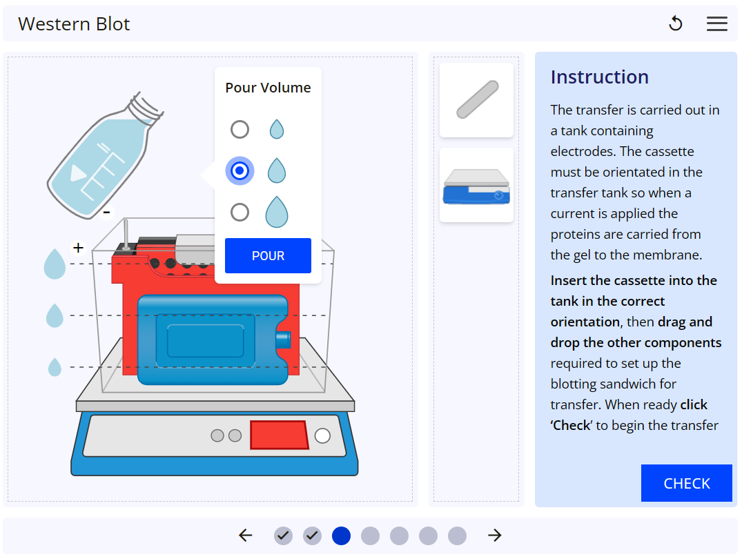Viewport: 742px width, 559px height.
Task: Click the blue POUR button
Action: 268,256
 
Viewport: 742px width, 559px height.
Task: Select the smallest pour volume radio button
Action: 240,129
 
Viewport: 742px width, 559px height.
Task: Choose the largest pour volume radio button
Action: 240,212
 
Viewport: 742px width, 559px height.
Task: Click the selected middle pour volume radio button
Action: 240,170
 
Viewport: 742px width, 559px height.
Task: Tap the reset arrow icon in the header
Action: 676,24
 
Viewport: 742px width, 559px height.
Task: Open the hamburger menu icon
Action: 716,24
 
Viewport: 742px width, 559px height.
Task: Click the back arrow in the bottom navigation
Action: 246,536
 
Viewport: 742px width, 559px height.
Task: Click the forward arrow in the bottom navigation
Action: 494,536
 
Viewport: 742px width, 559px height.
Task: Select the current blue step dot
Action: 341,536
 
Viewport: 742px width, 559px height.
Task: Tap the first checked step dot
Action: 283,536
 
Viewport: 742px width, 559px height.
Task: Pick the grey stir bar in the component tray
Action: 477,99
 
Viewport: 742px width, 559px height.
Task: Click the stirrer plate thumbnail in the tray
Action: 477,186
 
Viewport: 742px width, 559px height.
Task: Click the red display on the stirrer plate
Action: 279,435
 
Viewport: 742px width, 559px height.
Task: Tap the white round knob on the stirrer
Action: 322,435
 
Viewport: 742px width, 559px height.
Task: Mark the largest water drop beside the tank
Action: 55,264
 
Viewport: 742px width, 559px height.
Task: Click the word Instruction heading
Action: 599,77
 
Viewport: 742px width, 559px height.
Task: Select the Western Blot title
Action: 74,24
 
